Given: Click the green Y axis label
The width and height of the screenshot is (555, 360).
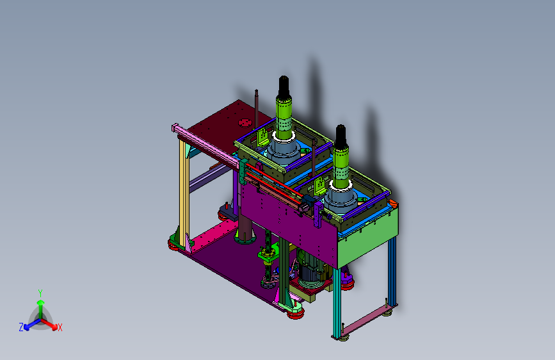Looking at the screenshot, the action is [x=40, y=293].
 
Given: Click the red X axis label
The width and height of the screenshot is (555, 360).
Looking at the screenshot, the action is [x=60, y=328].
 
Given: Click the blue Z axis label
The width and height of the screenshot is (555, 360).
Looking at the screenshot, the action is [x=21, y=327].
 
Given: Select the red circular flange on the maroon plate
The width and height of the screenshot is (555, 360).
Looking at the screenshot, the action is [x=245, y=122].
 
